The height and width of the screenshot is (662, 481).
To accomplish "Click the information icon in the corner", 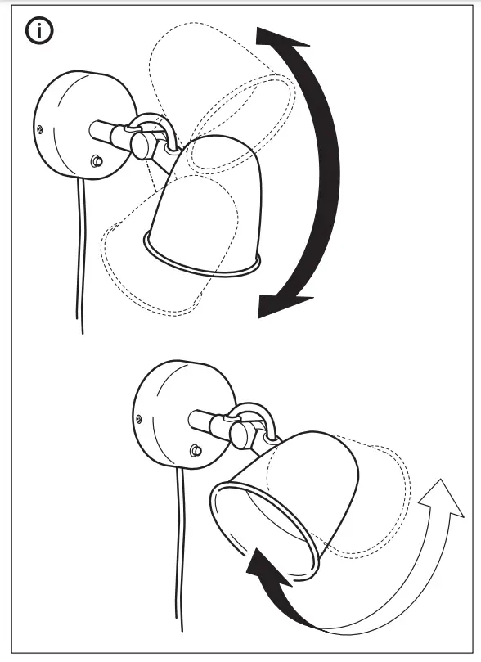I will pos(39,32).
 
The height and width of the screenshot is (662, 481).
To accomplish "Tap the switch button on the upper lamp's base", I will pos(98,161).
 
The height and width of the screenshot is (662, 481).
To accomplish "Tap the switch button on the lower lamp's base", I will pos(196,449).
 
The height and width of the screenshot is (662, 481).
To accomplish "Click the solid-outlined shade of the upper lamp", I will pos(205,205).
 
